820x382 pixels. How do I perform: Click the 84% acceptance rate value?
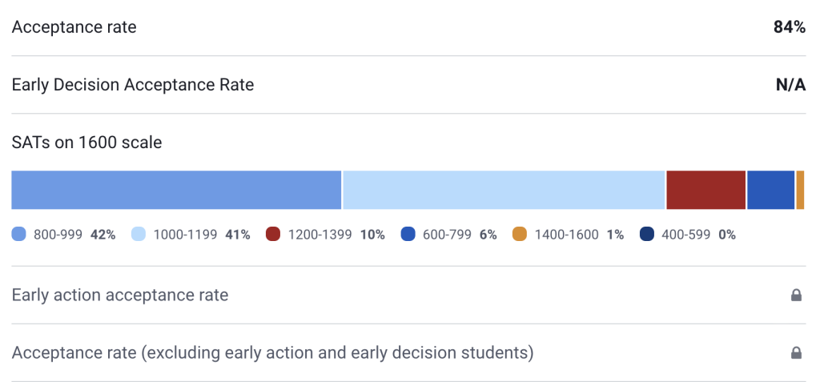coord(789,27)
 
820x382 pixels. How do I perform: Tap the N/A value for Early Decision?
coord(790,85)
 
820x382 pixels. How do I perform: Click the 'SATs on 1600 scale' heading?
coord(86,143)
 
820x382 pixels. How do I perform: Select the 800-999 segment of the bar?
coord(176,191)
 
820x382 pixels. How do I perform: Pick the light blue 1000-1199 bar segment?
coord(504,191)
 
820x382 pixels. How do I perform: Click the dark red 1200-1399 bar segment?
coord(705,191)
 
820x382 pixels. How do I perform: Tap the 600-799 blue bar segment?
coord(770,191)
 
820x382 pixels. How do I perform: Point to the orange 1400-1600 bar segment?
coord(800,191)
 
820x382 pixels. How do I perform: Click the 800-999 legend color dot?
coord(19,235)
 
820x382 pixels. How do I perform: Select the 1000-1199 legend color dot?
coord(139,235)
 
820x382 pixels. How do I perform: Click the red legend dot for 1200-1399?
coord(273,235)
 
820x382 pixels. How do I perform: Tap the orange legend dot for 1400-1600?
coord(520,235)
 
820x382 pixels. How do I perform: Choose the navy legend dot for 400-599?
coord(647,235)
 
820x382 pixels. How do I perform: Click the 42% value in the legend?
coord(102,235)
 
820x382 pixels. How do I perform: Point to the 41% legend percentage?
coord(237,235)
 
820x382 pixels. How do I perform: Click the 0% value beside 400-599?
coord(726,235)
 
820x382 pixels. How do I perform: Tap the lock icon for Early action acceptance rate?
coord(796,296)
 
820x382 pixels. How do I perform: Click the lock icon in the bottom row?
coord(796,353)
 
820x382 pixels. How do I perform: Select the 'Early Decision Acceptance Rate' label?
coord(133,85)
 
